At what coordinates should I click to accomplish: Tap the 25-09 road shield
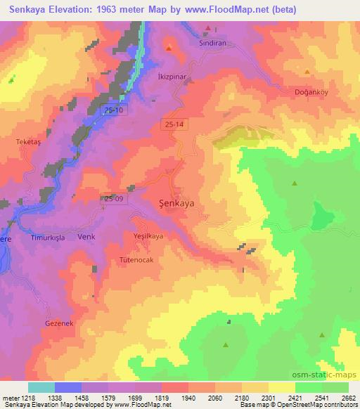[112, 199]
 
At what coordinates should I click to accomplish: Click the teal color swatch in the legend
[41, 387]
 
